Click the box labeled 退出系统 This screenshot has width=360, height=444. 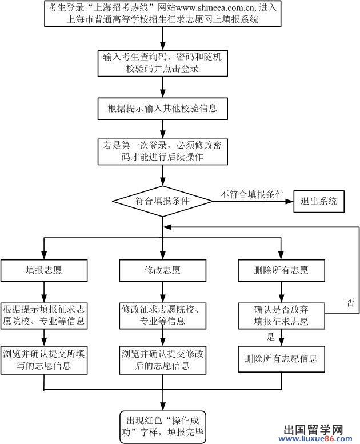[319, 201]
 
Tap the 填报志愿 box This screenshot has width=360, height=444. [44, 270]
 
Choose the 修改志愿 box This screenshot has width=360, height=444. [162, 270]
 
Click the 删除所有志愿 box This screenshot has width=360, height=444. [281, 270]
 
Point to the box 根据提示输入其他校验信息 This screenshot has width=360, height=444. [162, 107]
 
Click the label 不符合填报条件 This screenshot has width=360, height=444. [252, 194]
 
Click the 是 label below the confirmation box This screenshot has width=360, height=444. [271, 337]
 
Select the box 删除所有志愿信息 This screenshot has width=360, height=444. [281, 359]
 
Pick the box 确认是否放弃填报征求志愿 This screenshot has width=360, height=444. [281, 315]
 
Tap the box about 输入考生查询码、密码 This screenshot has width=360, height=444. [162, 63]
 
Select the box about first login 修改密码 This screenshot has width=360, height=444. [162, 151]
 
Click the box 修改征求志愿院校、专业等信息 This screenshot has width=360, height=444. [162, 315]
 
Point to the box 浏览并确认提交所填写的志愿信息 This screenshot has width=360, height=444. [44, 359]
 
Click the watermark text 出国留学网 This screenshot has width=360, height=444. [313, 429]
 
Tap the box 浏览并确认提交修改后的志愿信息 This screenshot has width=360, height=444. [162, 359]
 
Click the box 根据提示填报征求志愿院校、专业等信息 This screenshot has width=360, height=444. [44, 315]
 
